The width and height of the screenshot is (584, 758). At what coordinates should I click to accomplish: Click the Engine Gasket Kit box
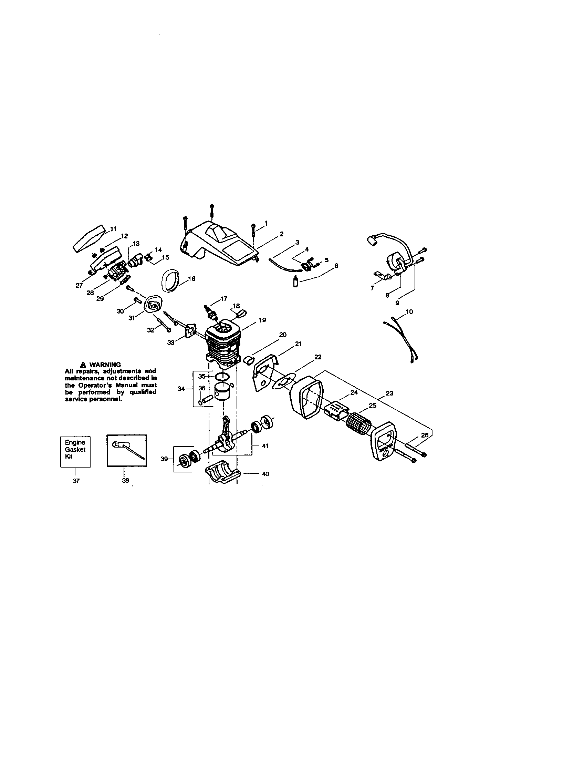[x=75, y=451]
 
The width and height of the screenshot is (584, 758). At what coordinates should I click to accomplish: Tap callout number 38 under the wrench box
[x=126, y=481]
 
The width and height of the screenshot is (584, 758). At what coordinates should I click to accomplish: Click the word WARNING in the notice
[x=105, y=365]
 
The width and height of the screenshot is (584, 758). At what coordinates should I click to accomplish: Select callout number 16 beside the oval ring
[x=191, y=278]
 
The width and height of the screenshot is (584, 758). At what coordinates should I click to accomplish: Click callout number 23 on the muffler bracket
[x=389, y=393]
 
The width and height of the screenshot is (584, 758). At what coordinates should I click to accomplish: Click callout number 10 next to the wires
[x=409, y=312]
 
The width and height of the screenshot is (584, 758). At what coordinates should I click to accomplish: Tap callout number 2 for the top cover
[x=281, y=234]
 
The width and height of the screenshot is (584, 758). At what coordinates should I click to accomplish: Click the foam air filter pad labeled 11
[x=88, y=238]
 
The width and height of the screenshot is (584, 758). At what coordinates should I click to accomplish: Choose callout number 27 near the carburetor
[x=79, y=286]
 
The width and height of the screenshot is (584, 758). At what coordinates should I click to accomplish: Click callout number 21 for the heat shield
[x=298, y=344]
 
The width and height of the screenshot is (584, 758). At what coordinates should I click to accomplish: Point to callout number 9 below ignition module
[x=397, y=303]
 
